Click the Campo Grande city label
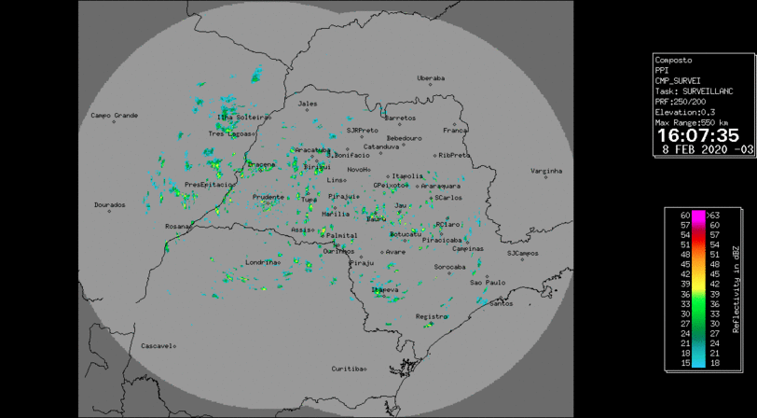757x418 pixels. (x=114, y=116)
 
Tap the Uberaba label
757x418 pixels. (x=431, y=78)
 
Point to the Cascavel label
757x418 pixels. (x=156, y=345)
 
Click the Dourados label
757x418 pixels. (x=109, y=204)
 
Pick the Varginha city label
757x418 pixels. (x=546, y=171)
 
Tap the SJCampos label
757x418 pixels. (x=523, y=253)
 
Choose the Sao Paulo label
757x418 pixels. (x=487, y=282)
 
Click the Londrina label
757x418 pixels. (x=261, y=262)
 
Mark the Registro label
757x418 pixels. (x=432, y=316)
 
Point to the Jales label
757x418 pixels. (x=307, y=104)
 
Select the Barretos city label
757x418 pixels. (x=400, y=118)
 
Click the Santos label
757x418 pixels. (x=501, y=303)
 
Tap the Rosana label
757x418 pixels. (x=176, y=226)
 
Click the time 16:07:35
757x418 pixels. (x=698, y=136)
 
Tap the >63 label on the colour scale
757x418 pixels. (x=713, y=216)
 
